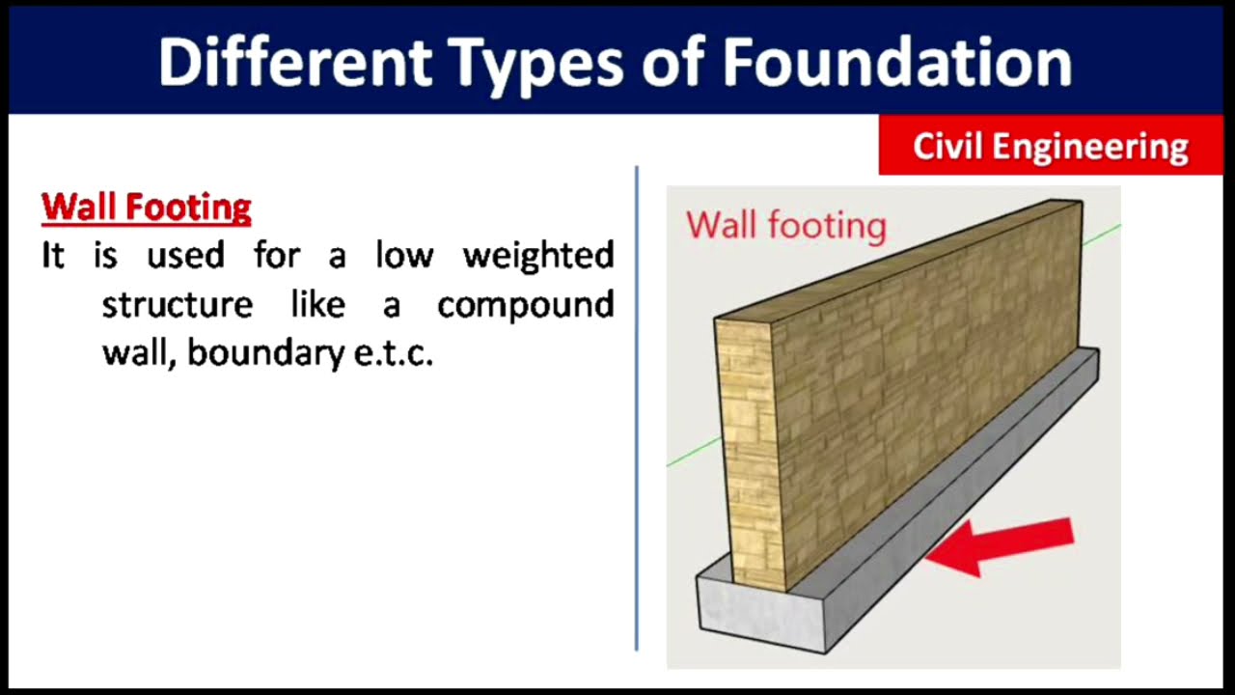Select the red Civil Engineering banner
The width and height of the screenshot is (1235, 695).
[x=1050, y=147]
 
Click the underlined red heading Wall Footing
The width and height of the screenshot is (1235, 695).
[x=147, y=207]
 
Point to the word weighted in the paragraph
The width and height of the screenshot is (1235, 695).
[x=538, y=256]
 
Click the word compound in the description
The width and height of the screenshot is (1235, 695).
[x=526, y=306]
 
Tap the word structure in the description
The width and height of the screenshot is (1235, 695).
[x=178, y=305]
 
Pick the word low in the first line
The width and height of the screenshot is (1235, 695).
[x=403, y=256]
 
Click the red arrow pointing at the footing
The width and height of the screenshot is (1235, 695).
[x=1003, y=544]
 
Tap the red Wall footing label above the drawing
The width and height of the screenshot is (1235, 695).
[x=785, y=226]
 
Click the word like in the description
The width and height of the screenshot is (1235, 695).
[x=317, y=305]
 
